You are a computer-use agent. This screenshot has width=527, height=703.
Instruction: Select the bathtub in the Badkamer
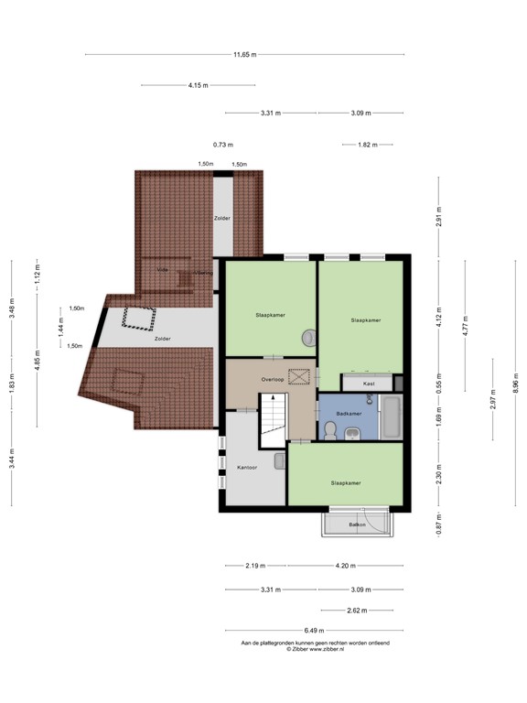point(390,416)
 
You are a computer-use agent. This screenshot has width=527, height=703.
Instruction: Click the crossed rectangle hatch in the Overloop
point(298,375)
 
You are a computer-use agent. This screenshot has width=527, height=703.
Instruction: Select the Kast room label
point(369,384)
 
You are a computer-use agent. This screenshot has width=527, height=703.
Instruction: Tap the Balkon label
point(357,525)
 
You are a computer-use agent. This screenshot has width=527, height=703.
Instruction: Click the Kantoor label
point(247,468)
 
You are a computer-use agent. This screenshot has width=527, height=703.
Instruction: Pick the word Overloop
point(272,379)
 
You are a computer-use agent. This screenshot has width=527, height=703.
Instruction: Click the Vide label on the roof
point(163,270)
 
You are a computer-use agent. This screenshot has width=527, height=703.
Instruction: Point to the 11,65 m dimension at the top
point(244,55)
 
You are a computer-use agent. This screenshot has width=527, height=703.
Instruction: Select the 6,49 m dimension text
point(314,631)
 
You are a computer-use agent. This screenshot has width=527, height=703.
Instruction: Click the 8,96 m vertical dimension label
point(515,381)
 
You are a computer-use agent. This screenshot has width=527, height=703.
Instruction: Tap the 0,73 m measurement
point(223,145)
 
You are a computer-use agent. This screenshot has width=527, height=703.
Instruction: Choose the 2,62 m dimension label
point(356,611)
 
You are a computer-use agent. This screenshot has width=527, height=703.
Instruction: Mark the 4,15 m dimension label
point(199,85)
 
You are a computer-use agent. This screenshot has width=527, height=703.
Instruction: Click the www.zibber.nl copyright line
point(315,650)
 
